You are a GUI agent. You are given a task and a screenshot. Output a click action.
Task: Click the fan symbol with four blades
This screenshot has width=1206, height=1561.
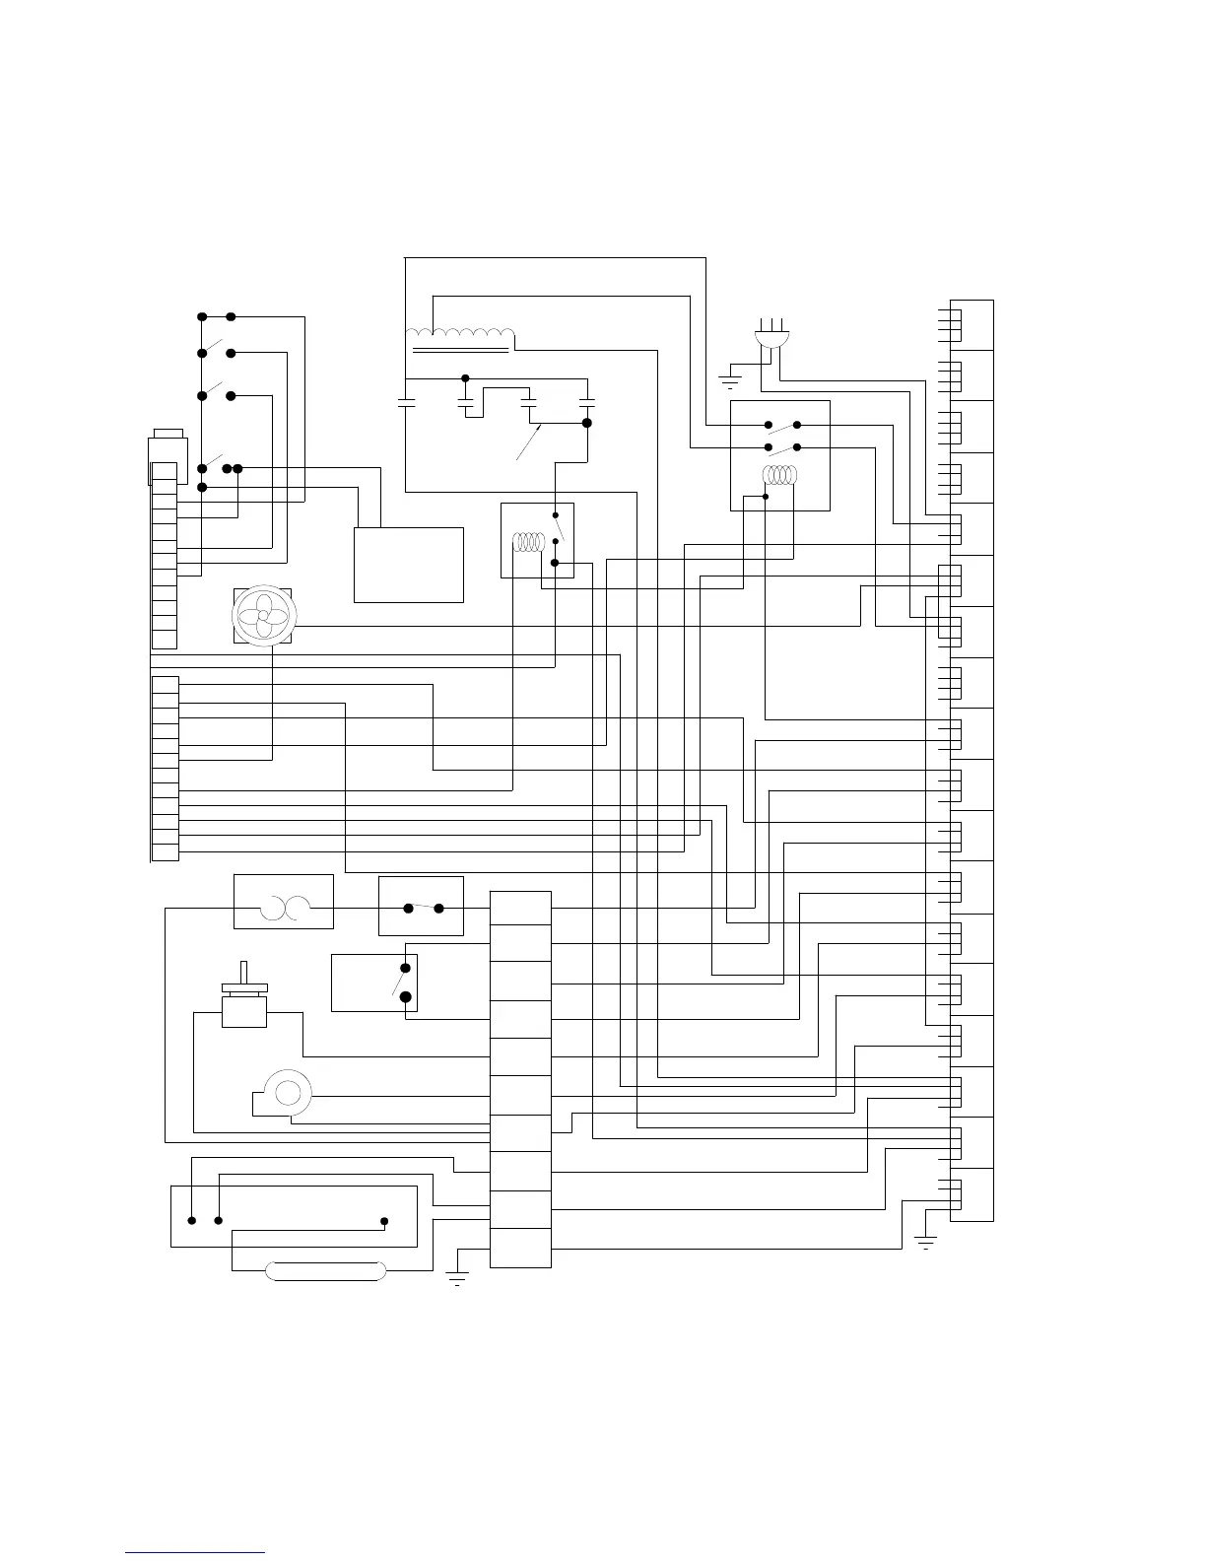pyautogui.click(x=263, y=616)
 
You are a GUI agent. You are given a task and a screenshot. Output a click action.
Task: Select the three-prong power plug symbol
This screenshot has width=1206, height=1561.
pyautogui.click(x=771, y=335)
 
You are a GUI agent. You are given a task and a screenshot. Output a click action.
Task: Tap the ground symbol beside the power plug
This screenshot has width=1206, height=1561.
pyautogui.click(x=729, y=379)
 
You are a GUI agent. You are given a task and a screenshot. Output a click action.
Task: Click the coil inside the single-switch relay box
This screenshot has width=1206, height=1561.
pyautogui.click(x=529, y=542)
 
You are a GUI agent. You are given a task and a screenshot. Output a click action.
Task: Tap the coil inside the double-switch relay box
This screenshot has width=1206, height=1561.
pyautogui.click(x=780, y=475)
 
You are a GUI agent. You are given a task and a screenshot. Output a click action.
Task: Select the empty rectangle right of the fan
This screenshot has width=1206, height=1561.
pyautogui.click(x=408, y=565)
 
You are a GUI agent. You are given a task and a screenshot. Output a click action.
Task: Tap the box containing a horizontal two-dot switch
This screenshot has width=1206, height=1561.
pyautogui.click(x=421, y=906)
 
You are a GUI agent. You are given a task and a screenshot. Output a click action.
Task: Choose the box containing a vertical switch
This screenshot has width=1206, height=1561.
pyautogui.click(x=374, y=983)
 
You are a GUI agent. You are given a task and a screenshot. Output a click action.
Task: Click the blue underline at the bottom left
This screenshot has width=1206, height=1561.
pyautogui.click(x=195, y=1552)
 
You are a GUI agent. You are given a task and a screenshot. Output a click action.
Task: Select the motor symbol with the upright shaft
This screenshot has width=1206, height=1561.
pyautogui.click(x=243, y=997)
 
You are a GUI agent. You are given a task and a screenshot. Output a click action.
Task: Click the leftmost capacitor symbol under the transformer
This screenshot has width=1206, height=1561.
pyautogui.click(x=406, y=402)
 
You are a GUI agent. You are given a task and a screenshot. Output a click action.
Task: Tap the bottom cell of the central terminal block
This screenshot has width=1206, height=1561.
pyautogui.click(x=520, y=1249)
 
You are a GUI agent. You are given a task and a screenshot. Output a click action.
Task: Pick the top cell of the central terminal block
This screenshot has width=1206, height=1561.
pyautogui.click(x=520, y=909)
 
